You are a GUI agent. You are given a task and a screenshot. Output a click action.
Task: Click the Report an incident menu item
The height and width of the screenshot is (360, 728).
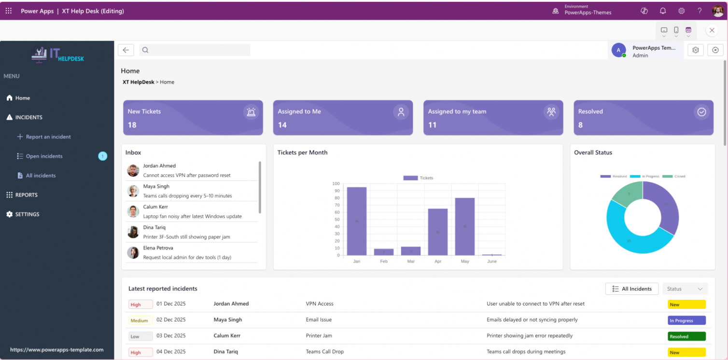click(48, 137)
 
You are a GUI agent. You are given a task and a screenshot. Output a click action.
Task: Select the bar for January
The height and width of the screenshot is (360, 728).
click(356, 221)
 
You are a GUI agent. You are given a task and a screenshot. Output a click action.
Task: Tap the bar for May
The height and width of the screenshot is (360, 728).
click(464, 226)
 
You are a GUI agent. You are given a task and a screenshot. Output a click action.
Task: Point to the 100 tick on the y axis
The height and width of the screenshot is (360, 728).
click(336, 184)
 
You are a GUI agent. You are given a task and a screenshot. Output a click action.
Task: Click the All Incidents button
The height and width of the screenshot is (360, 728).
click(631, 289)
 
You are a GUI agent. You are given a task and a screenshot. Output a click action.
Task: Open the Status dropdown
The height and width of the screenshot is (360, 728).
click(685, 289)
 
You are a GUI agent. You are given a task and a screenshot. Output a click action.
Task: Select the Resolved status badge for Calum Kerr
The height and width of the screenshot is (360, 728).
click(686, 336)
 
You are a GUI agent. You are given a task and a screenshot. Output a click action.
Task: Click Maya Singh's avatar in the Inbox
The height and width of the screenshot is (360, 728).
click(133, 191)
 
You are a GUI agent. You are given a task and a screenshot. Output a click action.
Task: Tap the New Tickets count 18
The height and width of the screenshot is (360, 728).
click(132, 125)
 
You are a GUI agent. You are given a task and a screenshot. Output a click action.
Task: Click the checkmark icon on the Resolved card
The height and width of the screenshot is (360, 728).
click(701, 112)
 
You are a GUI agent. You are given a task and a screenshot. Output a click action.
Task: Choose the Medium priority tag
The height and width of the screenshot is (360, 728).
click(140, 320)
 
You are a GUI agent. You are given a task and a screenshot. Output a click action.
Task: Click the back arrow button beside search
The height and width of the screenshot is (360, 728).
click(126, 50)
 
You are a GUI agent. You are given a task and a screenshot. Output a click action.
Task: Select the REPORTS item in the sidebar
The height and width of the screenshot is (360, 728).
click(26, 195)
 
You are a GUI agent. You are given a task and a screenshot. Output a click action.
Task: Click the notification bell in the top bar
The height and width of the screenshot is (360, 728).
click(663, 11)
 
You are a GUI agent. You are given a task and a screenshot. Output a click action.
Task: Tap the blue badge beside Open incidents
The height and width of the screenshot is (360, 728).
click(102, 156)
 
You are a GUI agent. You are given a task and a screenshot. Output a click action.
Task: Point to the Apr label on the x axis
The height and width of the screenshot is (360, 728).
click(437, 261)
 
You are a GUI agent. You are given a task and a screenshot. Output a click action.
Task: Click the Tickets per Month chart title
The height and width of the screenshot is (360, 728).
click(302, 152)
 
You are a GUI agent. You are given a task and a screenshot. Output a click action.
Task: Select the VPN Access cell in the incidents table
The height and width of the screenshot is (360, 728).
click(320, 304)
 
